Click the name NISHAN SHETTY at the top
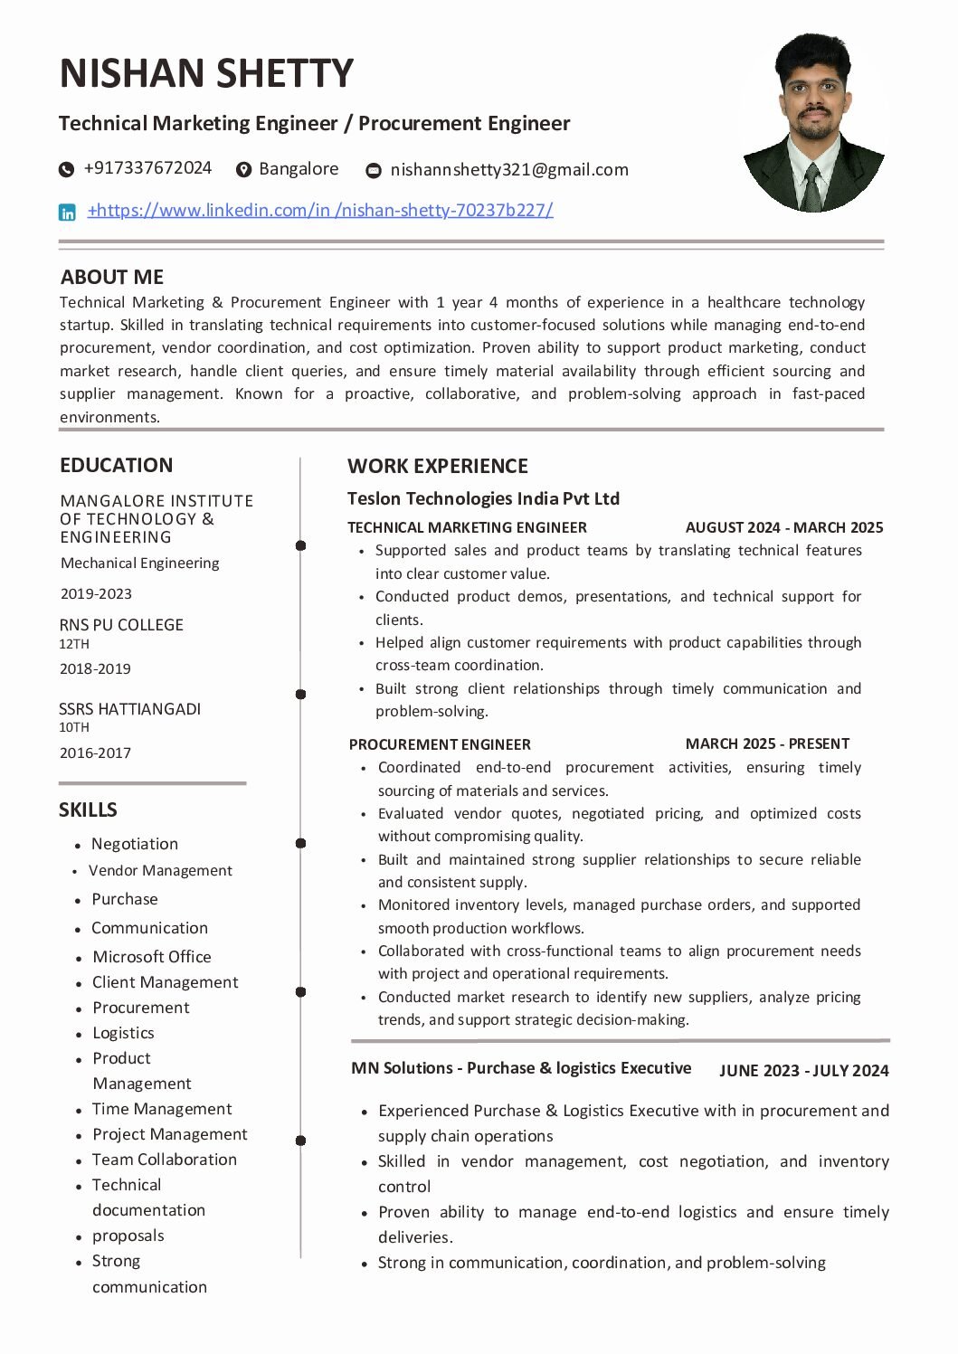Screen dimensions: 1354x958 pos(206,73)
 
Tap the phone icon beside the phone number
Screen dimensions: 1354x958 pos(66,169)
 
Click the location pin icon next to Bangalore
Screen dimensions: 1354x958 pos(243,169)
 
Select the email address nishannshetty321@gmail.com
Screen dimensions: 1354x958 pos(508,169)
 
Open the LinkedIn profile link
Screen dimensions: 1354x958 pos(320,211)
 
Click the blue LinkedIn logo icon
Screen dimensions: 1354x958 pos(67,213)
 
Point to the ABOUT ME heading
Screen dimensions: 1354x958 pos(112,277)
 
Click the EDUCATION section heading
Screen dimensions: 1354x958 pos(116,465)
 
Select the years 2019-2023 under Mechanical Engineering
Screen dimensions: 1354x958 pos(96,593)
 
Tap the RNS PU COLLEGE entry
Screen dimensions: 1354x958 pos(121,625)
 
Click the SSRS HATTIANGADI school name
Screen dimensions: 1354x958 pos(129,709)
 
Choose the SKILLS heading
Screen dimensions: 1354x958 pos(88,810)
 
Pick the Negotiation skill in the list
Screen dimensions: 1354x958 pos(135,844)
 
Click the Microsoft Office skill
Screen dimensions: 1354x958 pos(151,956)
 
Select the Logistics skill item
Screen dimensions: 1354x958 pos(123,1033)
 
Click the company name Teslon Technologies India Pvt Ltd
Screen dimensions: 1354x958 pos(483,498)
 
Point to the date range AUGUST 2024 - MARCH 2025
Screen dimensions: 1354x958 pos(784,527)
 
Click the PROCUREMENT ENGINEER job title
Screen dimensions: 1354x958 pos(440,744)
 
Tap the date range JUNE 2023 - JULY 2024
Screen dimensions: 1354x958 pos(804,1071)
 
